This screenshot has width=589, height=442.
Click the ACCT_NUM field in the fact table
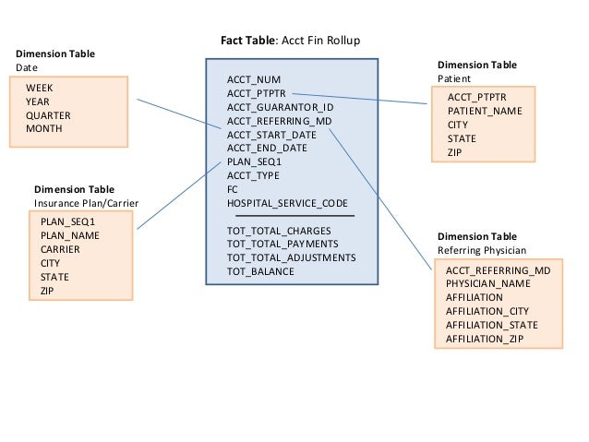pos(254,79)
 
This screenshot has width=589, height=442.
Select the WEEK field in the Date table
pos(40,88)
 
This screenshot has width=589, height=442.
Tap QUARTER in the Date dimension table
pos(48,115)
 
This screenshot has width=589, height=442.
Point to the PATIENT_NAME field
pos(485,111)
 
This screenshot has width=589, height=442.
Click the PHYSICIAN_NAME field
pos(488,283)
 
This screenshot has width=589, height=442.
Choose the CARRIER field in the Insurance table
pos(60,249)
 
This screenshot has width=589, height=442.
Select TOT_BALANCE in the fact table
pos(260,271)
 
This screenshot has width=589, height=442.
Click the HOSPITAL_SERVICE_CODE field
pos(287,203)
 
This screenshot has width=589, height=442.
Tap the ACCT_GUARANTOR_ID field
pos(281,107)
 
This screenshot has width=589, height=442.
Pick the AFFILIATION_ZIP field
pos(485,339)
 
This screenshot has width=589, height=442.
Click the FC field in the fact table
pos(232,190)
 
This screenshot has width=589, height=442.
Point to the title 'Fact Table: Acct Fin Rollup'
pos(291,41)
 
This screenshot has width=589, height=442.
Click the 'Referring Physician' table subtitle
pos(482,250)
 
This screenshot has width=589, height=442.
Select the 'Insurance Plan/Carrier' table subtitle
pos(87,203)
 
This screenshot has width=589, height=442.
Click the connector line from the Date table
pos(179,114)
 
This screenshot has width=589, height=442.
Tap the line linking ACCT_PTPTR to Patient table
pos(359,99)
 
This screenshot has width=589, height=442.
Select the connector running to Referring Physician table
pos(380,199)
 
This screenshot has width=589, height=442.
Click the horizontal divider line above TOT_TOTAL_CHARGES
pos(294,216)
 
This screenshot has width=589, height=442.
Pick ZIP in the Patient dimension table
pos(454,152)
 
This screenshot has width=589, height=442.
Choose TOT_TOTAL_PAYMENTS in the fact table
pos(282,245)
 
